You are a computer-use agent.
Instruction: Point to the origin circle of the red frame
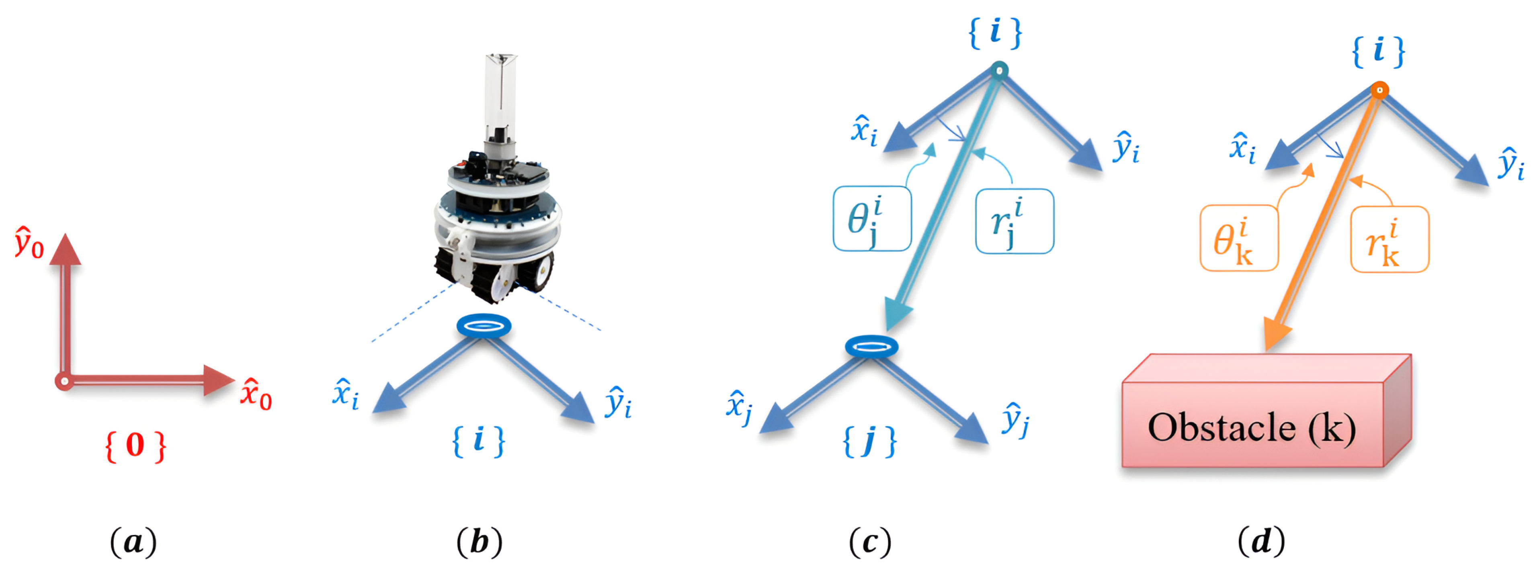(x=64, y=380)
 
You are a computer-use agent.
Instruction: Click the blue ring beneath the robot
(x=484, y=326)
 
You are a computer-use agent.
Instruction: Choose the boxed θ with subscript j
(x=872, y=219)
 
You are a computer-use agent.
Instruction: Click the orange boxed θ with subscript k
(x=1239, y=238)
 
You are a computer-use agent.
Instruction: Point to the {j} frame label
(x=869, y=442)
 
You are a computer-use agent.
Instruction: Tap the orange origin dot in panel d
(x=1379, y=90)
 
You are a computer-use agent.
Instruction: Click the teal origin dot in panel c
(x=999, y=70)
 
